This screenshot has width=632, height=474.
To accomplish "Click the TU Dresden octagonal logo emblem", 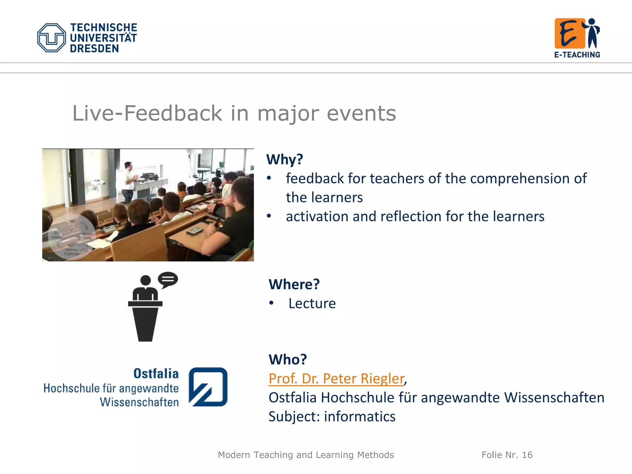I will [52, 38].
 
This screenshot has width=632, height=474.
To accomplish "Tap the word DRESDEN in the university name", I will [94, 49].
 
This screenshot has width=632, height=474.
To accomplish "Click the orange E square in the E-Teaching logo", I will [569, 33].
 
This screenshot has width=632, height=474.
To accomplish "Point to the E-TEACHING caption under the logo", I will [577, 55].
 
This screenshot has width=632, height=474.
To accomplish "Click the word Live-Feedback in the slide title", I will [147, 113].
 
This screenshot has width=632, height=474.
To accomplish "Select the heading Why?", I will [285, 160].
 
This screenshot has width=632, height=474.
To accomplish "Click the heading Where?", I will [294, 284].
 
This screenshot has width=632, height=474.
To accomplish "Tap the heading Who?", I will [288, 360].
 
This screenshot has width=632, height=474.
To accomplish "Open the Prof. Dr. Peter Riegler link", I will [336, 379].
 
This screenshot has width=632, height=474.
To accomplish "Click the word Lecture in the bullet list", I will [312, 304].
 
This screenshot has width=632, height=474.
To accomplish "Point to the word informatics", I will [360, 417].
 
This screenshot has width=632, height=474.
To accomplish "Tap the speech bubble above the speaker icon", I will [168, 279].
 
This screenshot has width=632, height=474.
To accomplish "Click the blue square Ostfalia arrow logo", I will [208, 387].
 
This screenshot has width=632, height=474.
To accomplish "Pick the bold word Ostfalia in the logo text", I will [156, 373].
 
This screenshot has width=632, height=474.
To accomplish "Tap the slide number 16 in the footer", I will [527, 455].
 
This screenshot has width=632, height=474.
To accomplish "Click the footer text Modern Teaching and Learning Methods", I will [306, 455].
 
